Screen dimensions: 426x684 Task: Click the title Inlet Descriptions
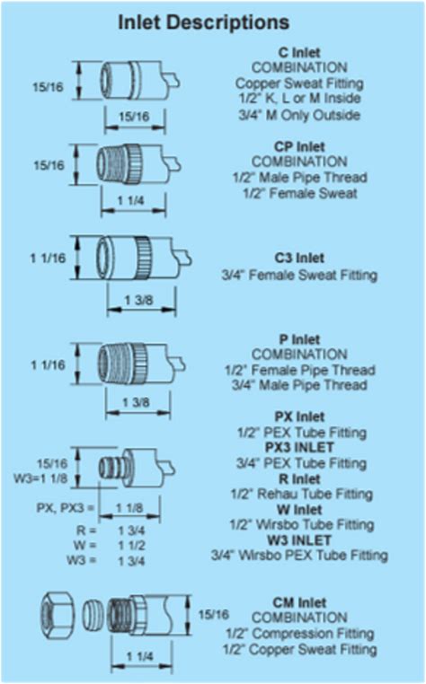[x=204, y=22]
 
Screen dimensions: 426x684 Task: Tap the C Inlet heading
[x=299, y=53]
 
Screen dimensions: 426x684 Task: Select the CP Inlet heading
[x=299, y=146]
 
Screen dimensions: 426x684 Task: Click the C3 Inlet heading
[x=299, y=258]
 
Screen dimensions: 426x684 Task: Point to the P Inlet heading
[x=299, y=339]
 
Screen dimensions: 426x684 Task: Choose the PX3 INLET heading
[x=299, y=448]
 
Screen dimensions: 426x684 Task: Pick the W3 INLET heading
[x=299, y=540]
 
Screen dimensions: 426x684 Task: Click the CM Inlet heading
[x=299, y=603]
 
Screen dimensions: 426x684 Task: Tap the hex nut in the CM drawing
[x=58, y=616]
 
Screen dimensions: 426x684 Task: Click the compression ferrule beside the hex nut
[x=93, y=616]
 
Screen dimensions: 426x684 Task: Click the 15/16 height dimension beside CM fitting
[x=214, y=615]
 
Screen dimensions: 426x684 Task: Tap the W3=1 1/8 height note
[x=40, y=478]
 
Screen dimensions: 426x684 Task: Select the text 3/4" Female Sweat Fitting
[x=299, y=276]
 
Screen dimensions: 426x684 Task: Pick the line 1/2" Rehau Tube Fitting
[x=301, y=495]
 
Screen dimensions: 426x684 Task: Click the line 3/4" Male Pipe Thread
[x=299, y=386]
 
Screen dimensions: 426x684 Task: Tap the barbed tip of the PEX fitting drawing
[x=110, y=467]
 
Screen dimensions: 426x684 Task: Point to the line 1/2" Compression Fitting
[x=300, y=634]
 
